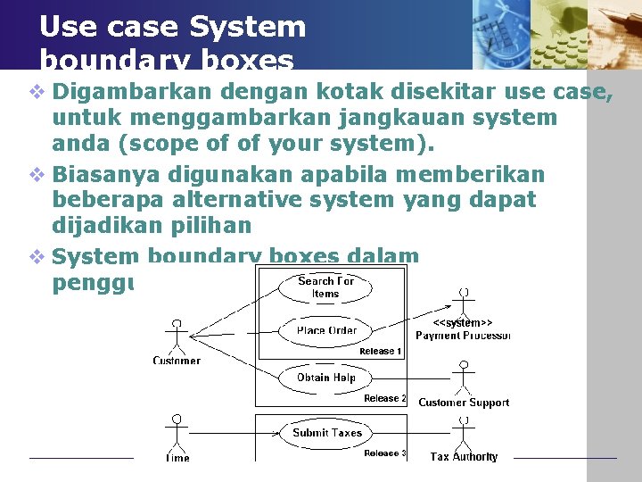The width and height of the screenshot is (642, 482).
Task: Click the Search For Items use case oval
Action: click(325, 287)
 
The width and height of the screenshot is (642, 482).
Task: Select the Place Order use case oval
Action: click(325, 330)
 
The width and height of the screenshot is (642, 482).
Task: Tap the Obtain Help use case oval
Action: click(325, 378)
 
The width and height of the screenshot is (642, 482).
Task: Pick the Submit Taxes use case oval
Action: click(327, 433)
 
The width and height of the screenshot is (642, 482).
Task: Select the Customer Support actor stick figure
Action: click(463, 378)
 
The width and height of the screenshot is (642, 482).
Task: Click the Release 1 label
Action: click(381, 352)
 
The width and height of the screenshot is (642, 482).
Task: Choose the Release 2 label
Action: click(385, 398)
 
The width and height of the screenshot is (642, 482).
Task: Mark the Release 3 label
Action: click(385, 453)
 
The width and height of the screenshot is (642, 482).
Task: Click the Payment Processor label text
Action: click(463, 336)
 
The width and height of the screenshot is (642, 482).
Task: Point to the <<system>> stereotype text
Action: click(463, 322)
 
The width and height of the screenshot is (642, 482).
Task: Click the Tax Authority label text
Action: click(464, 457)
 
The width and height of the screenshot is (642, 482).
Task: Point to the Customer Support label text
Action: click(464, 403)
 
